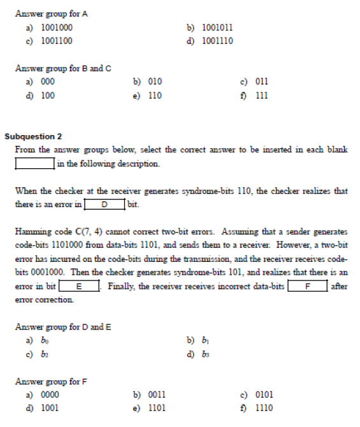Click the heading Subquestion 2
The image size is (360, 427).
(x=33, y=136)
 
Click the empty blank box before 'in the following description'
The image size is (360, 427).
(x=34, y=164)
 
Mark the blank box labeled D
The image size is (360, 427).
(x=104, y=205)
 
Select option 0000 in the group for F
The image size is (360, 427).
(x=50, y=395)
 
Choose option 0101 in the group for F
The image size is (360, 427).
(x=264, y=395)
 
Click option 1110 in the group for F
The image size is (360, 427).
(x=264, y=409)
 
